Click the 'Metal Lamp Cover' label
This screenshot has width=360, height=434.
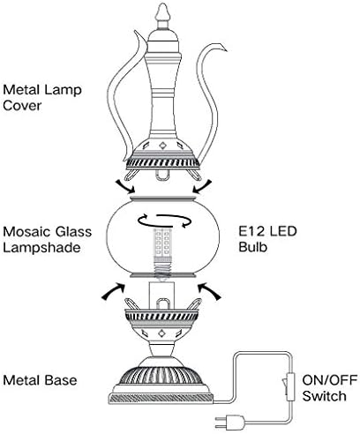point(42,98)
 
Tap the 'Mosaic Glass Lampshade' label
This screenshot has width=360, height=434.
point(48,239)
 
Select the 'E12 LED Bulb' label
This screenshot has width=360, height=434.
point(267,239)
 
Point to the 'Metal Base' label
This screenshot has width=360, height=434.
point(40,380)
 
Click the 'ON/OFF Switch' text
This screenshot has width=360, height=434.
point(330,388)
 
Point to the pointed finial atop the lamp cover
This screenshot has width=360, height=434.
point(162,16)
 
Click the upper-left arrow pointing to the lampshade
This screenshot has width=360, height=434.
point(125,186)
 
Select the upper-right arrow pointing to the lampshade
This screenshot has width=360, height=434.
point(202,186)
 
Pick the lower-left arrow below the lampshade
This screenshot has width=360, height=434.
point(113,291)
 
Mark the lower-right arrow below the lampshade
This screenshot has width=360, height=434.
point(209,291)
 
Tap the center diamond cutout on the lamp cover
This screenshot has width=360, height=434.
point(161,146)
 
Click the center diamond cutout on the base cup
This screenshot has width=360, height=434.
point(161,333)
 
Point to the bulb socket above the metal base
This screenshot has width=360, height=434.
point(161,295)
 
